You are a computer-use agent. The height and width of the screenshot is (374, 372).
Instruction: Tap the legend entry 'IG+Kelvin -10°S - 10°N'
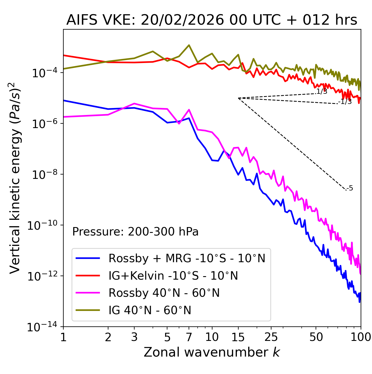pyautogui.click(x=173, y=276)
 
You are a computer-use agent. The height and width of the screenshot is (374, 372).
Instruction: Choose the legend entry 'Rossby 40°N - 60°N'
pyautogui.click(x=164, y=293)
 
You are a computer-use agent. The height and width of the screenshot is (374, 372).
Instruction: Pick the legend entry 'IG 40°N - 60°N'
pyautogui.click(x=150, y=310)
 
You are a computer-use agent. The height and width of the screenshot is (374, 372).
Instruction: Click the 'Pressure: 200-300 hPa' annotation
pyautogui.click(x=135, y=232)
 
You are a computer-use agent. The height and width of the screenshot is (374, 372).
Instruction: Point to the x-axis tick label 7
pyautogui.click(x=189, y=337)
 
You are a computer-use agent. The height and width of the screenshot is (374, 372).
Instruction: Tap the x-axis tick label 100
pyautogui.click(x=361, y=337)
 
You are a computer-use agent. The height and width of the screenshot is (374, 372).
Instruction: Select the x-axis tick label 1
pyautogui.click(x=63, y=337)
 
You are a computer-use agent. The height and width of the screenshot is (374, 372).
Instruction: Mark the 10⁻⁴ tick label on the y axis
pyautogui.click(x=44, y=73)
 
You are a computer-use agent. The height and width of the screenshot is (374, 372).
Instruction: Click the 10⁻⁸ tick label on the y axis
pyautogui.click(x=44, y=175)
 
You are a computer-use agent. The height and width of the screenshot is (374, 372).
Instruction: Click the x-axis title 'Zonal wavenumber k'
pyautogui.click(x=212, y=352)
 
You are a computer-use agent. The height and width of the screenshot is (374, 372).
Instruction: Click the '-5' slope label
pyautogui.click(x=350, y=188)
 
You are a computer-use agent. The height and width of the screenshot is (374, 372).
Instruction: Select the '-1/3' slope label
pyautogui.click(x=345, y=102)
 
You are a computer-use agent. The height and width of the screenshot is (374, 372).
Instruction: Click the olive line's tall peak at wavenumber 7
pyautogui.click(x=189, y=45)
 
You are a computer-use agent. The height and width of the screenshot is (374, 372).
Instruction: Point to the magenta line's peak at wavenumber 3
pyautogui.click(x=134, y=103)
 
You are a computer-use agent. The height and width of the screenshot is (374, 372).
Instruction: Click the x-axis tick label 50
pyautogui.click(x=316, y=337)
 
